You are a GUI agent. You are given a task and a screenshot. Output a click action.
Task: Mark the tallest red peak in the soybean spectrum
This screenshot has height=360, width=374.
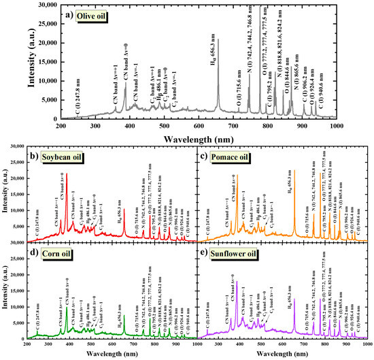point(67,174)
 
